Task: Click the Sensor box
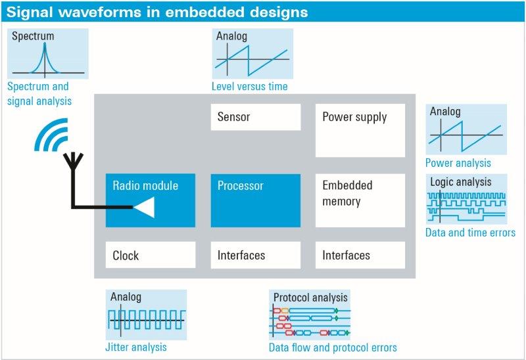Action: point(256,117)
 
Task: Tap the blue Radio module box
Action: point(151,200)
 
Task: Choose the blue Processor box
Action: point(256,200)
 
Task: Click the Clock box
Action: point(151,255)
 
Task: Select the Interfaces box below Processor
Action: point(256,255)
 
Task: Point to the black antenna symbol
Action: point(72,164)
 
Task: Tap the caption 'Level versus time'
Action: point(249,86)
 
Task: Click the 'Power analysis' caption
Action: point(458,163)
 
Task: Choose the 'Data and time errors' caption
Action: point(470,233)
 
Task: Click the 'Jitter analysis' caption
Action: point(137,347)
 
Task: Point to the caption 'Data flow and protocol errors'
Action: point(333,348)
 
